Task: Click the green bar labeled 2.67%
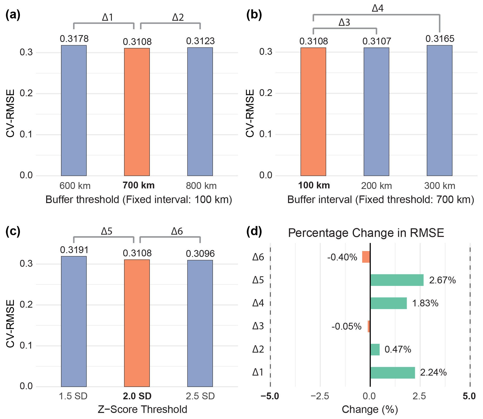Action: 397,280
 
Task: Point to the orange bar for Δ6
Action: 366,257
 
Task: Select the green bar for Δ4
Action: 388,303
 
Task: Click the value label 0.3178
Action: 74,39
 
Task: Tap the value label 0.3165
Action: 440,39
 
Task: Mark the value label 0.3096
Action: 200,254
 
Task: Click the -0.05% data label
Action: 346,326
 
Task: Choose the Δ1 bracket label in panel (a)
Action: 108,17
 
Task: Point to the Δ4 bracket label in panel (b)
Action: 378,8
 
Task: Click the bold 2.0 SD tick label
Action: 137,396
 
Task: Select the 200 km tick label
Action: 376,186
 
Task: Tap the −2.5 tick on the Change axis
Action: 320,396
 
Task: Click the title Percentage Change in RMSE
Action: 366,233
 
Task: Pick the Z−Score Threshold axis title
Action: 142,409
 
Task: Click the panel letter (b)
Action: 254,15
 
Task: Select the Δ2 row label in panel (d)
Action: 258,349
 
